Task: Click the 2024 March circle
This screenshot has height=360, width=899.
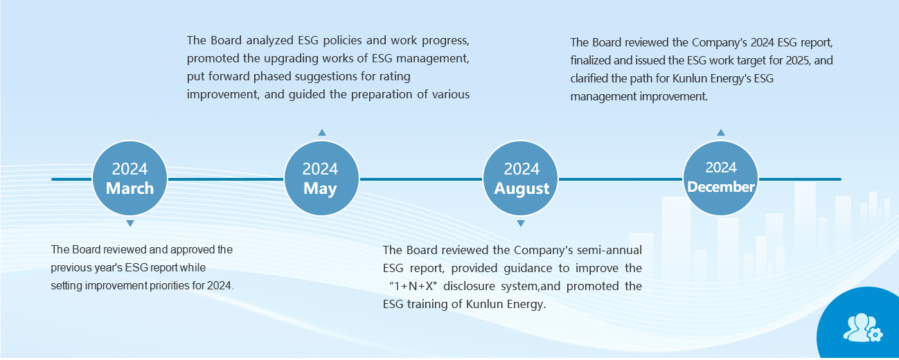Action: pos(130,178)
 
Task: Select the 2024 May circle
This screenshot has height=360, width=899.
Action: pos(321,178)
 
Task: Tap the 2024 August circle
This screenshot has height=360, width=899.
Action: pos(520,178)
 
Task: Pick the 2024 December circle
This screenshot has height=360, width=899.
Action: pos(720,178)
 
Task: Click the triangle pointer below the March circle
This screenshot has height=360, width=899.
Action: pos(130,223)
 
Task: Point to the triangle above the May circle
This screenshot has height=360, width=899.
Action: pos(322,132)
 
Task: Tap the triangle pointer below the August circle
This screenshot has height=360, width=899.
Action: pos(521,223)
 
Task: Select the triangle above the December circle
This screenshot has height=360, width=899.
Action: pos(721,132)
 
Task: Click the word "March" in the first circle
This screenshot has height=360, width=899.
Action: pos(130,188)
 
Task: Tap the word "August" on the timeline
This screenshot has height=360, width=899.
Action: pos(522,188)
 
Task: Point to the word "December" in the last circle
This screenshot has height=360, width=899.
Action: pos(721,187)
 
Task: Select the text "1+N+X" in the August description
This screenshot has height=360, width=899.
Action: pos(413,286)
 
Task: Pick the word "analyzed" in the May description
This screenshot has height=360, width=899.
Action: pos(269,41)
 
